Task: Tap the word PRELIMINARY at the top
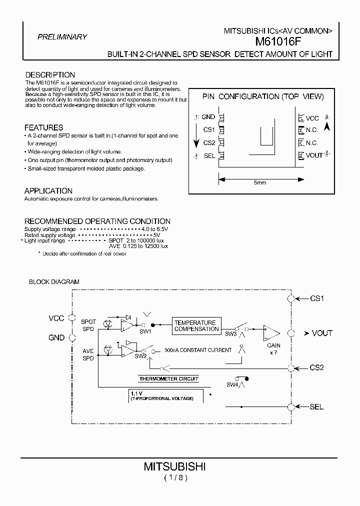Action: pos(62,36)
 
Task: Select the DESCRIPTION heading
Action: pos(50,75)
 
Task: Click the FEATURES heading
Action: pos(44,127)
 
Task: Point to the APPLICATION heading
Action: pos(48,191)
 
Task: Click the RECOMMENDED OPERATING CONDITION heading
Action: pos(97,221)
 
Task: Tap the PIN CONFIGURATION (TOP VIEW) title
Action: pos(262,96)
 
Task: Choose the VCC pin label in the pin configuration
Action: pos(312,118)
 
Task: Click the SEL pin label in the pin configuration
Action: pos(209,155)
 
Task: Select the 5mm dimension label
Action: pos(259,183)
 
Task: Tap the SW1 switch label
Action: pos(145,331)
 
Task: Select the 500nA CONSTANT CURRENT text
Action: pos(198,350)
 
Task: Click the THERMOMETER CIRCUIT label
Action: pos(168,378)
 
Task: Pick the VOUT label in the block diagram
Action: pos(321,333)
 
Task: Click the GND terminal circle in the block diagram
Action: pos(72,338)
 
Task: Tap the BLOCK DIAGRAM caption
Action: pos(54,282)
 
